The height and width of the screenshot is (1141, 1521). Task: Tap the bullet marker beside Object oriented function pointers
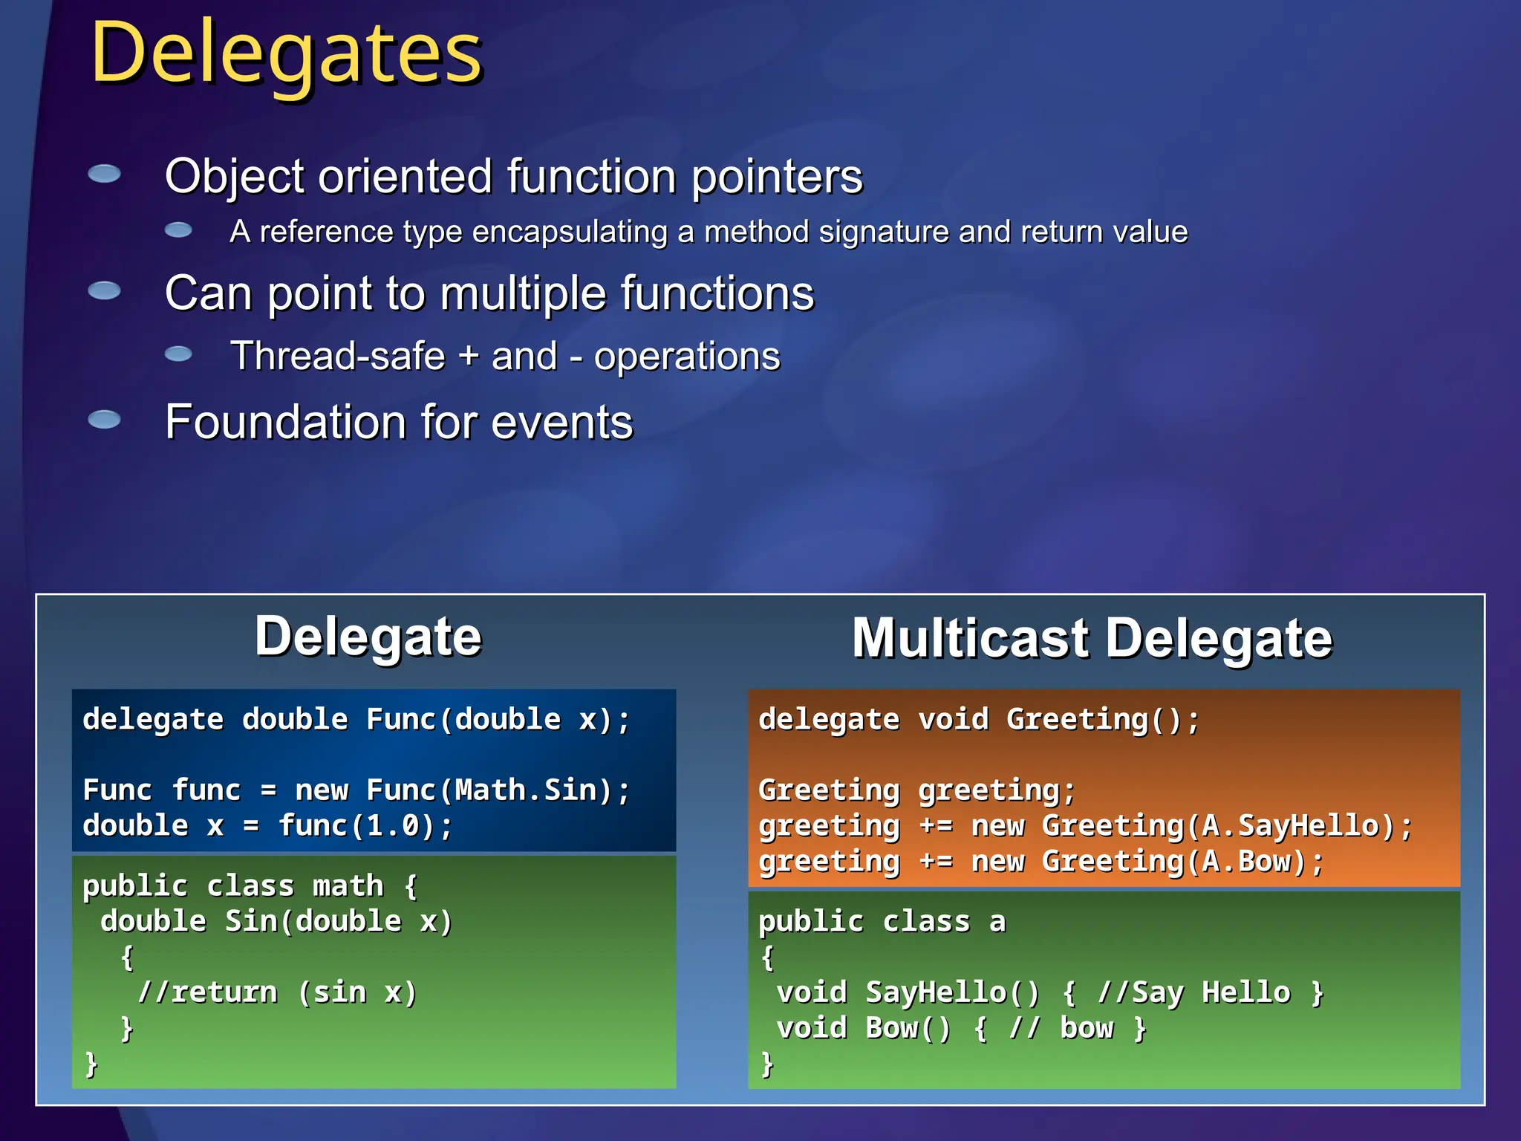[x=104, y=174]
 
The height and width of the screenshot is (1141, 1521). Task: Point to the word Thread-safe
[x=338, y=356]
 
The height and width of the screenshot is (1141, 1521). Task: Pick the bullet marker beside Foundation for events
[x=104, y=420]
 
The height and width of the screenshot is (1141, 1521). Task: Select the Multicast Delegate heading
[x=1092, y=638]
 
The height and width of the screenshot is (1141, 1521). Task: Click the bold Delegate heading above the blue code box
[x=368, y=637]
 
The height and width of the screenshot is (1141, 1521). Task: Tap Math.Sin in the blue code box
[x=527, y=790]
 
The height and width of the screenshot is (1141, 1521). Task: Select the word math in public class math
[x=348, y=886]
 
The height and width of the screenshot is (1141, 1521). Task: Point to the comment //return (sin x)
[x=278, y=992]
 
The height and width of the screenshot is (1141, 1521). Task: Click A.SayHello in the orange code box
[x=1291, y=826]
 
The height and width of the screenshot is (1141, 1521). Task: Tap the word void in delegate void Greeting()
[x=953, y=719]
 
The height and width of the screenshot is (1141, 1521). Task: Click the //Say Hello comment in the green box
[x=1194, y=992]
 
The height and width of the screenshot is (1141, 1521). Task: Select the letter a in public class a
[x=997, y=922]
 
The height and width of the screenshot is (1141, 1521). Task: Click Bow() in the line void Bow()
[x=908, y=1028]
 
